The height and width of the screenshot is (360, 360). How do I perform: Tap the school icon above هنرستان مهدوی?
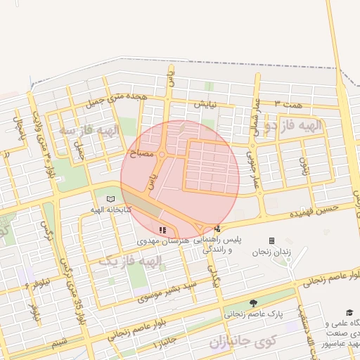163,230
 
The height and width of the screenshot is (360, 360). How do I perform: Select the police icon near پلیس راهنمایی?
217,229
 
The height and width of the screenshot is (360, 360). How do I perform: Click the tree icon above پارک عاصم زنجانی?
253,303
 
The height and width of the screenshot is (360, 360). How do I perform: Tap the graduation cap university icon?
349,313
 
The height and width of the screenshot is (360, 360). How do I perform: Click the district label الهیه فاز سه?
91,130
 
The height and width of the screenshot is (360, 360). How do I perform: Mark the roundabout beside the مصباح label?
162,154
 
